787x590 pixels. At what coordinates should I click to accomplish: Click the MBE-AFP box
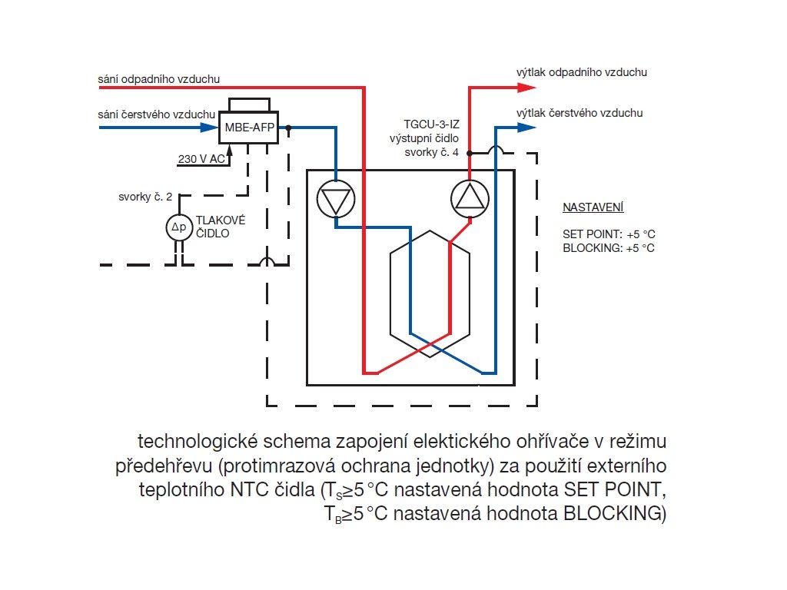[x=248, y=128]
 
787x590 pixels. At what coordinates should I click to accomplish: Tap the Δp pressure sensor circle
[x=179, y=227]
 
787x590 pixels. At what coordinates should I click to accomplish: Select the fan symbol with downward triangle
[x=336, y=199]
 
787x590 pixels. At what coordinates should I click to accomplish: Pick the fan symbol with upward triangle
[x=470, y=199]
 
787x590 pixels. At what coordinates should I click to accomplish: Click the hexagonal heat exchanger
[x=430, y=293]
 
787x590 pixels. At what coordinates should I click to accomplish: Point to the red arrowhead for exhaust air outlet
[x=526, y=88]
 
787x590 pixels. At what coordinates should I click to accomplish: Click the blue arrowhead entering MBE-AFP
[x=210, y=128]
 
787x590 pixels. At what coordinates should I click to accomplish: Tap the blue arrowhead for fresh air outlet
[x=526, y=128]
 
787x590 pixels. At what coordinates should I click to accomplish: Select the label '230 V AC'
[x=201, y=159]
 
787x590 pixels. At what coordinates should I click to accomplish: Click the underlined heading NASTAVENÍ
[x=593, y=207]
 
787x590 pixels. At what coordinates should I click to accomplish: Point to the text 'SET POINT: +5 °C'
[x=609, y=234]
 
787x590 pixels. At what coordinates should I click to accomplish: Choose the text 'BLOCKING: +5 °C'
[x=609, y=248]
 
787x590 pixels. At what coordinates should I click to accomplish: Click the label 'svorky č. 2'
[x=145, y=197]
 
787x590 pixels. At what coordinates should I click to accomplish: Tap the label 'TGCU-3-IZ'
[x=432, y=124]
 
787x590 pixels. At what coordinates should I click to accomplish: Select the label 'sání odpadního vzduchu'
[x=158, y=79]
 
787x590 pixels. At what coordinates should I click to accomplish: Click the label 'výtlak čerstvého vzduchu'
[x=579, y=113]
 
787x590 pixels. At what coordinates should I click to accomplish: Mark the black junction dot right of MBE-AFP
[x=289, y=128]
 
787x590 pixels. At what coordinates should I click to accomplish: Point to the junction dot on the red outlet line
[x=470, y=153]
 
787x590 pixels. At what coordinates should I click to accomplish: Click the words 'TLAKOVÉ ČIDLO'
[x=221, y=227]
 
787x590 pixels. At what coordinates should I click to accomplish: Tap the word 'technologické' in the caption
[x=198, y=442]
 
